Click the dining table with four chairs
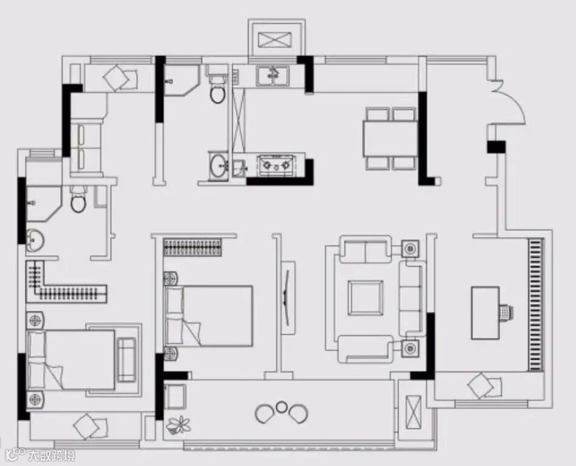click(x=390, y=138)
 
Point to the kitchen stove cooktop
click(x=276, y=164)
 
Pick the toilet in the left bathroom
click(x=78, y=200)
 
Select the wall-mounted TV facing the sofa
click(x=287, y=298)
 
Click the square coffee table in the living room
click(x=365, y=298)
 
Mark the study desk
click(x=485, y=313)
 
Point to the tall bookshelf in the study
click(x=535, y=304)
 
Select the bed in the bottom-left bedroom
click(x=71, y=360)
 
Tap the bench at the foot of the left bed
click(x=126, y=360)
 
